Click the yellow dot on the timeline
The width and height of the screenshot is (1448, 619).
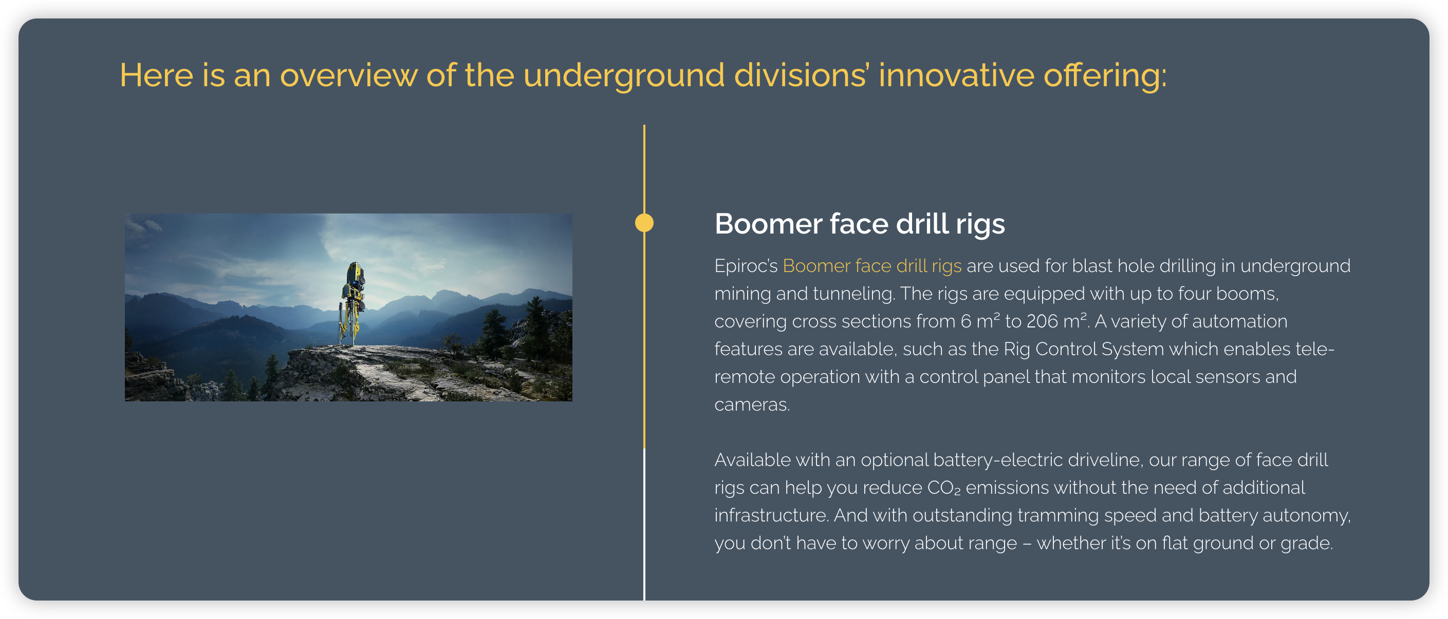(x=644, y=223)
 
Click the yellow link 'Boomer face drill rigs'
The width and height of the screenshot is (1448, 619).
(x=872, y=266)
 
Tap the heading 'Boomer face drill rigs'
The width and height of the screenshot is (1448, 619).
(x=860, y=224)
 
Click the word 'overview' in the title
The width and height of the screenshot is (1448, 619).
(x=348, y=75)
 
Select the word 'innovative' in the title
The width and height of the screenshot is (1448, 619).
(x=956, y=75)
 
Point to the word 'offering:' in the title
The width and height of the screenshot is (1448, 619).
(x=1105, y=75)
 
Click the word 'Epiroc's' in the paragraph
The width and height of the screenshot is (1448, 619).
(x=746, y=266)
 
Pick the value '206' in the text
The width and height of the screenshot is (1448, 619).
(x=1042, y=321)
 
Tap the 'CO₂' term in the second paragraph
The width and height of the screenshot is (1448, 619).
(x=944, y=488)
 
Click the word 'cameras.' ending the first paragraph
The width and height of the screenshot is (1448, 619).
(x=752, y=405)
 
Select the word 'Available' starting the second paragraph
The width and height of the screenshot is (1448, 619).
(x=753, y=460)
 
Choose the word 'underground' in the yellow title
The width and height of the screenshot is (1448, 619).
(x=623, y=76)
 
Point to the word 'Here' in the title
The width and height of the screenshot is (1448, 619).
(x=156, y=75)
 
